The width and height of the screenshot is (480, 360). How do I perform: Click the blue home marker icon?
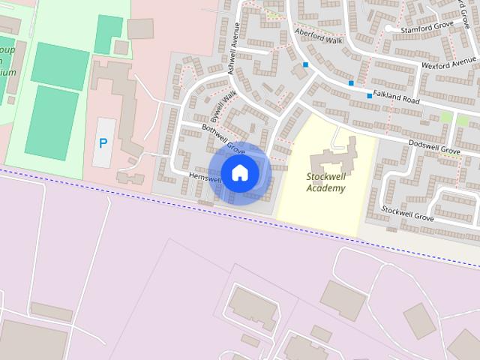point(239,172)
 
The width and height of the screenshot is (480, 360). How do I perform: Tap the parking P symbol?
point(103,142)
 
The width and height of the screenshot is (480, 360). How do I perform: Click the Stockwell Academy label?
point(326,182)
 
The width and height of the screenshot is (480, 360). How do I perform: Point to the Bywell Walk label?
point(223,107)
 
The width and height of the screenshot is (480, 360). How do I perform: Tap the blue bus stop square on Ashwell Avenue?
point(305,65)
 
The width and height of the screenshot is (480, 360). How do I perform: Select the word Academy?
point(326,188)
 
